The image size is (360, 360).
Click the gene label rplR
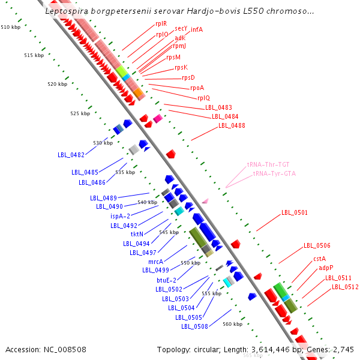click(x=161, y=24)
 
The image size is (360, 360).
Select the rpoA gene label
click(x=197, y=88)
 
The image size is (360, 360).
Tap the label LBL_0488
click(x=232, y=125)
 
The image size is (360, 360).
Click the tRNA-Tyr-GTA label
click(x=274, y=173)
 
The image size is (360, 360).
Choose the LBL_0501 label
click(x=295, y=212)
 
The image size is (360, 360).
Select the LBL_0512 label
click(x=346, y=287)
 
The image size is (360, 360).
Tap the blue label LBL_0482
click(x=71, y=155)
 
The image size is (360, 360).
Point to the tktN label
click(x=137, y=235)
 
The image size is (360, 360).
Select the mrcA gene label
click(x=155, y=262)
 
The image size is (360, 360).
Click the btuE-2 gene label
click(x=167, y=280)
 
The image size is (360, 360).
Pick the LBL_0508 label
click(x=194, y=326)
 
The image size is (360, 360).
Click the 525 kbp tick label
click(x=80, y=113)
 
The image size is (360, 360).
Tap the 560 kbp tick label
click(x=232, y=324)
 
